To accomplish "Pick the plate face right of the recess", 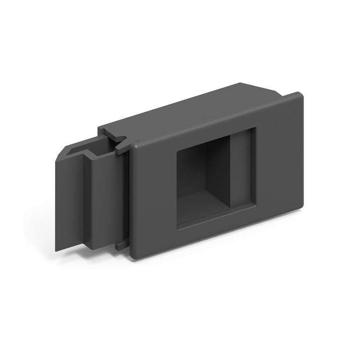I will pyautogui.click(x=278, y=154).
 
